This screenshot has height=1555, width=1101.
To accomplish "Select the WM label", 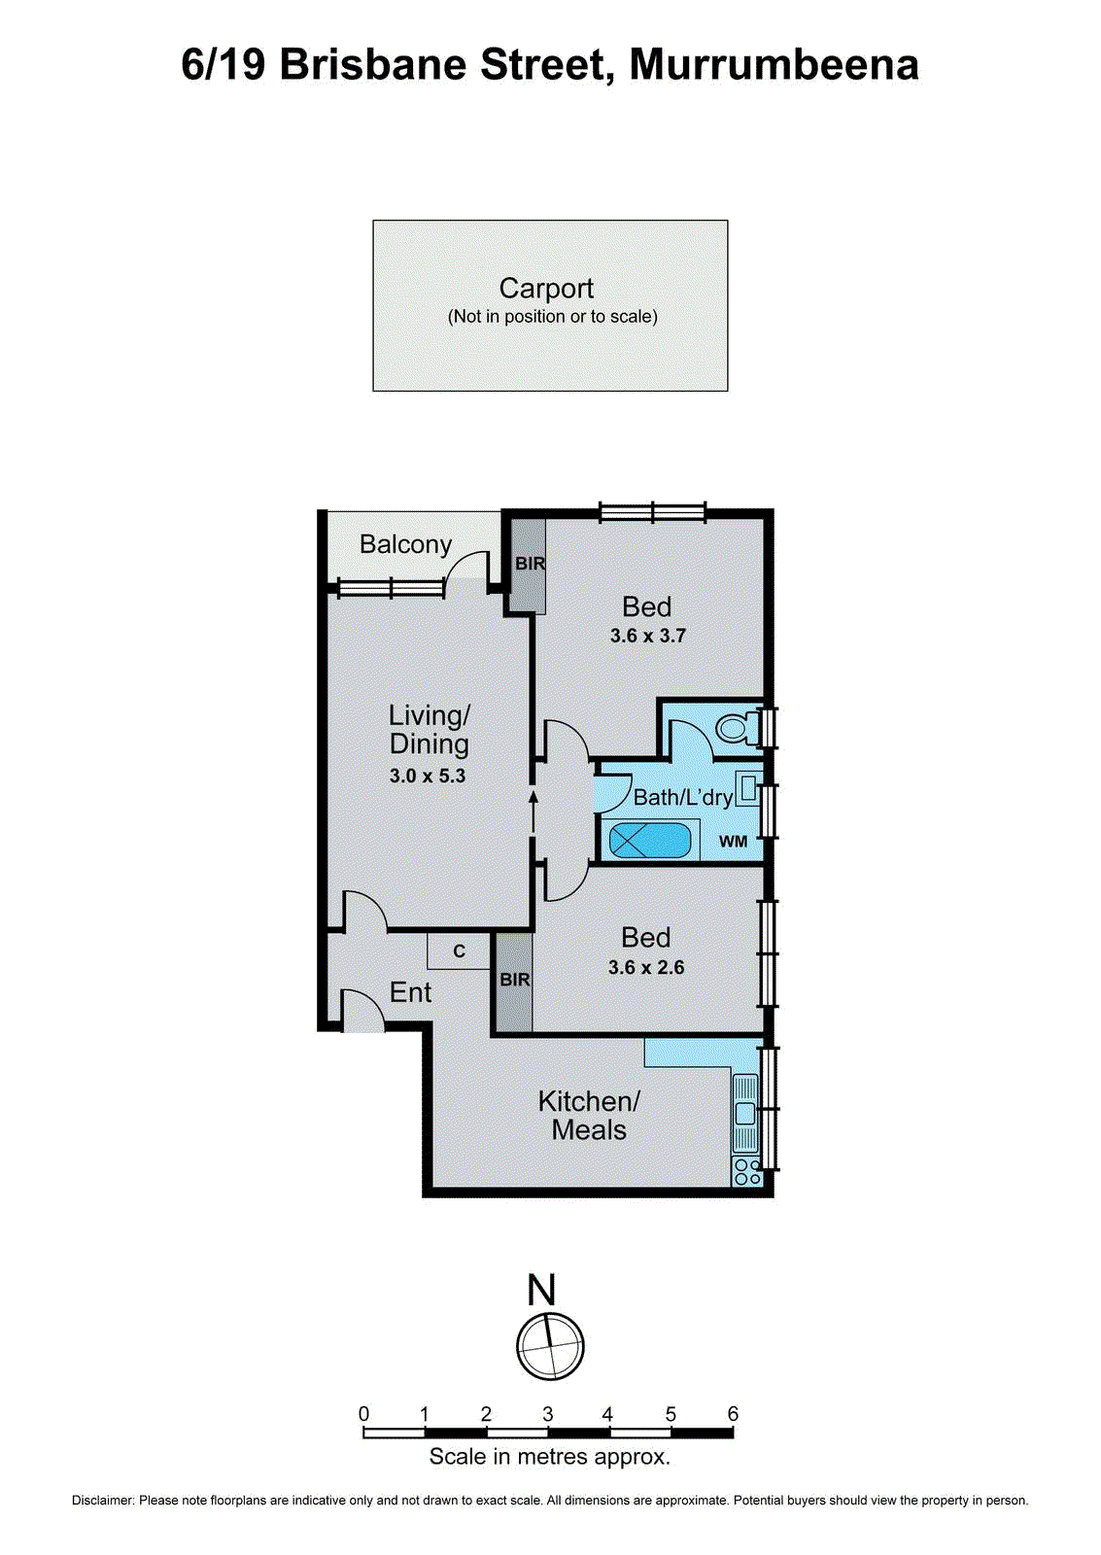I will click(x=733, y=842).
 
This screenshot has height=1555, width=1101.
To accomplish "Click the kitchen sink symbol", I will click(x=745, y=1113).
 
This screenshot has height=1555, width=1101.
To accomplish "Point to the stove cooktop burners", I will click(x=746, y=1172).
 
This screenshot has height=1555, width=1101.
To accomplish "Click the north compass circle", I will click(x=550, y=1346).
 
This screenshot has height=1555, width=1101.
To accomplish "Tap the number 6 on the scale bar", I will click(x=733, y=1414).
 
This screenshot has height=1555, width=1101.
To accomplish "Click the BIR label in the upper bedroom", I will click(x=530, y=564).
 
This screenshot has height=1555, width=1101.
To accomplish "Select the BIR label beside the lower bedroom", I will click(x=514, y=980).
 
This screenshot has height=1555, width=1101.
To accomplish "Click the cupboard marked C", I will click(x=460, y=951).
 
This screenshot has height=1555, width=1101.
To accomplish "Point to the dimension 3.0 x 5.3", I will click(x=428, y=777).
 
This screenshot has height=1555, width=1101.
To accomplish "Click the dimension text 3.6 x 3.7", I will click(x=647, y=637).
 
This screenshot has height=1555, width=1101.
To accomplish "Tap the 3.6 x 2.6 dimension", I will click(x=646, y=968).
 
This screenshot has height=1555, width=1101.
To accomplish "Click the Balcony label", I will click(x=405, y=544).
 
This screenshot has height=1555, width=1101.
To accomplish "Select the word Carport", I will click(x=546, y=289).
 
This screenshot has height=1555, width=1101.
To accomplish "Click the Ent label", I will click(x=410, y=992).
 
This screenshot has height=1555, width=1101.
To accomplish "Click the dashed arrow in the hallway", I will click(x=533, y=812).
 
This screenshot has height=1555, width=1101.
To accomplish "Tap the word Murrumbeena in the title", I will click(x=774, y=65).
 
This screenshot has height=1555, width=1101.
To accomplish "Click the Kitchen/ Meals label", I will click(x=589, y=1116).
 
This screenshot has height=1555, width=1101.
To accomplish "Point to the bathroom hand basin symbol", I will click(x=746, y=788).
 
